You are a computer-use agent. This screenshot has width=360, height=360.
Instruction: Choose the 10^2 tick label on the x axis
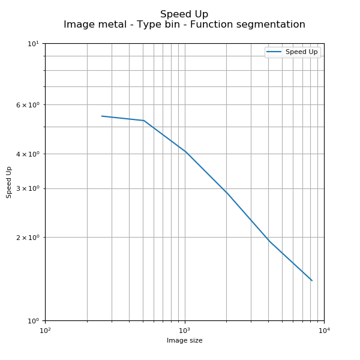click(45, 330)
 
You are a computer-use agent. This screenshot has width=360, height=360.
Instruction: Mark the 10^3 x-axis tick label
click(185, 330)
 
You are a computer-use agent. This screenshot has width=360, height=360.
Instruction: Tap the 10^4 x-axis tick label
click(324, 330)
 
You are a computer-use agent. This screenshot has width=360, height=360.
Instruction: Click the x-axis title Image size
click(184, 341)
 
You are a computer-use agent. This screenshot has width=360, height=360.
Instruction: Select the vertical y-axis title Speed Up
click(9, 182)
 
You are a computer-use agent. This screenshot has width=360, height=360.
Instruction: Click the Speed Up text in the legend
click(301, 52)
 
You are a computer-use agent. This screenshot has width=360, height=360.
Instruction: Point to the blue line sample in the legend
click(275, 52)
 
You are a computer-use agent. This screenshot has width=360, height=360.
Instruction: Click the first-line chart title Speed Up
click(184, 14)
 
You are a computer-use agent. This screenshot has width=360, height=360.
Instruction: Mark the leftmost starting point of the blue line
click(101, 116)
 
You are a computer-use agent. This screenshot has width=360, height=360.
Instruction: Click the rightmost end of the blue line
click(312, 280)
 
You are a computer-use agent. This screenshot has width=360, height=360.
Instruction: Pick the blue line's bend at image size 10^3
click(185, 152)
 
